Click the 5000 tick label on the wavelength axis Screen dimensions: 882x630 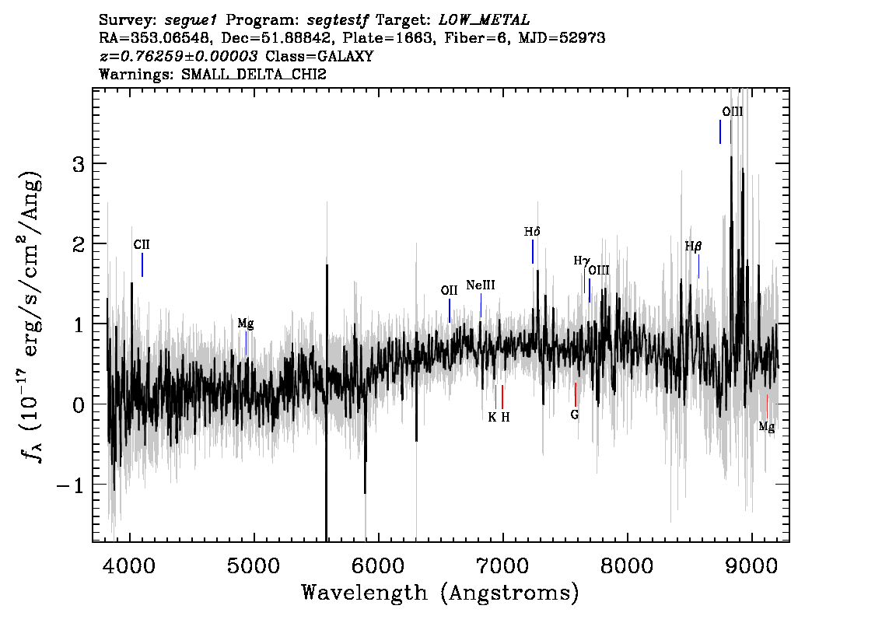(254, 565)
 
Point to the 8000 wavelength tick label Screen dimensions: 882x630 (627, 565)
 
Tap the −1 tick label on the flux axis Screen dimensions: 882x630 (70, 485)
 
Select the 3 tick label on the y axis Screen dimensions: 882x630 (79, 164)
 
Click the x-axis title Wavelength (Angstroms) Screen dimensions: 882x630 (440, 593)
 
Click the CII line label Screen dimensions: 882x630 (142, 245)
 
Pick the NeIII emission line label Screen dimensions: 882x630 (481, 285)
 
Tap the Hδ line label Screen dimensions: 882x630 (532, 232)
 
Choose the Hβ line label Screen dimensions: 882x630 (693, 247)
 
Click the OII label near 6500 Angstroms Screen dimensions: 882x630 (449, 291)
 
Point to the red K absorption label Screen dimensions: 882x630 (492, 418)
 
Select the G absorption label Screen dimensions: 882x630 (574, 415)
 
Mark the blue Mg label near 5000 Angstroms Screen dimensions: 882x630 (245, 324)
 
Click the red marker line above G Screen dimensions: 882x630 (576, 394)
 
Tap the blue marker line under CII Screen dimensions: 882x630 (142, 265)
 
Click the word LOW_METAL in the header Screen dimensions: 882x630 (484, 20)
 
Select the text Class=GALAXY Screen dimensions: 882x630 (320, 56)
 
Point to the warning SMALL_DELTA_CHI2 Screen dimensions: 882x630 (254, 75)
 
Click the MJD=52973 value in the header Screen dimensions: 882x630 (562, 38)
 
